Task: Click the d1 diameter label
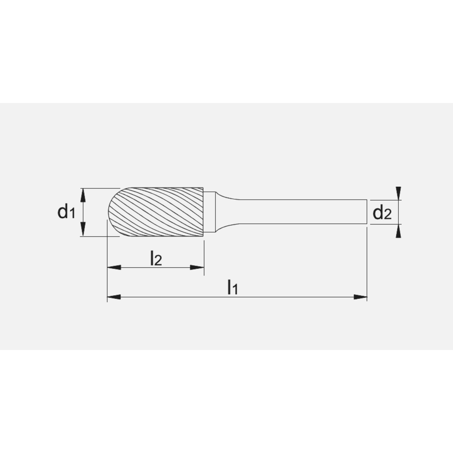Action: click(66, 212)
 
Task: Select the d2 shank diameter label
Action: click(381, 212)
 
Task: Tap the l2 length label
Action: click(155, 259)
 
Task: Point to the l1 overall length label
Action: click(232, 287)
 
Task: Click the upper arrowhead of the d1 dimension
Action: click(82, 193)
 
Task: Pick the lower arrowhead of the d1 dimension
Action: click(82, 231)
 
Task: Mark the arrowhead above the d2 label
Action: click(398, 193)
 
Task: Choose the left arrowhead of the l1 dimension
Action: click(113, 297)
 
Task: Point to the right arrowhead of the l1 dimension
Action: click(360, 297)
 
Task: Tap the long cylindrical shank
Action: click(299, 212)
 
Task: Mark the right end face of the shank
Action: click(366, 212)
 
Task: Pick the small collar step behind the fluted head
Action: click(209, 212)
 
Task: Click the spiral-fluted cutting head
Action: click(159, 212)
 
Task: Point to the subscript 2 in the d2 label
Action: click(387, 215)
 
